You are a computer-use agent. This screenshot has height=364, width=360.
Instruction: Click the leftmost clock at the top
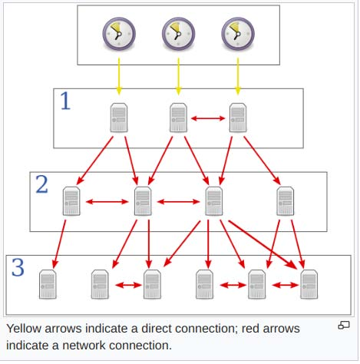pos(118,34)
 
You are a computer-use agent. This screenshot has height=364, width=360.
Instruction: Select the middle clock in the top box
pos(178,34)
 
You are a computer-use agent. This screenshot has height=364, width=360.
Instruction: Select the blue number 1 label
pos(65,102)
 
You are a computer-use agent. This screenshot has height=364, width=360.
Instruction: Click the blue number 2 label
pos(42,184)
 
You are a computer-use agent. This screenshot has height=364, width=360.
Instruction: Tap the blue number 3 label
pos(18,268)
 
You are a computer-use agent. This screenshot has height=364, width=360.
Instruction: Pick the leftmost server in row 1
pos(119,119)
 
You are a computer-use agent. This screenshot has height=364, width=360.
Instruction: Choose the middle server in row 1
pos(179,119)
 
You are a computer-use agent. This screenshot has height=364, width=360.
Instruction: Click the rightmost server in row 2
pos(286,201)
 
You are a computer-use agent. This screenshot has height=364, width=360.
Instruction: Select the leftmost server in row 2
pos(72,201)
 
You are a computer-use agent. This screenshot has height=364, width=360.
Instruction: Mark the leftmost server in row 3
pos(48,283)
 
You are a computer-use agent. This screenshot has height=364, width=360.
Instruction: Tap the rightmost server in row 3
pos(309,283)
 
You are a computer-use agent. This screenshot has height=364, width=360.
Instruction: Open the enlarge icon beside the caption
pos(344,326)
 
